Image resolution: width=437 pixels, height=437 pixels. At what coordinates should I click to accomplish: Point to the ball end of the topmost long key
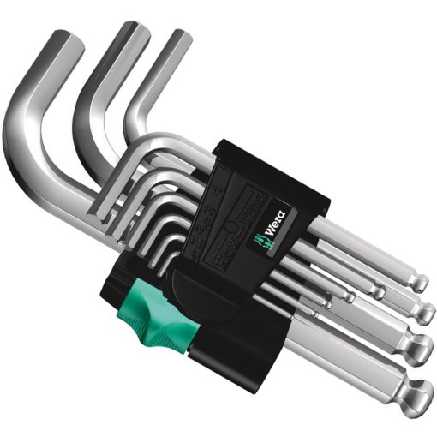pyautogui.click(x=416, y=282)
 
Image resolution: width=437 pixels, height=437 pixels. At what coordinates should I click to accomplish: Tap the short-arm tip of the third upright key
pyautogui.click(x=177, y=39)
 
